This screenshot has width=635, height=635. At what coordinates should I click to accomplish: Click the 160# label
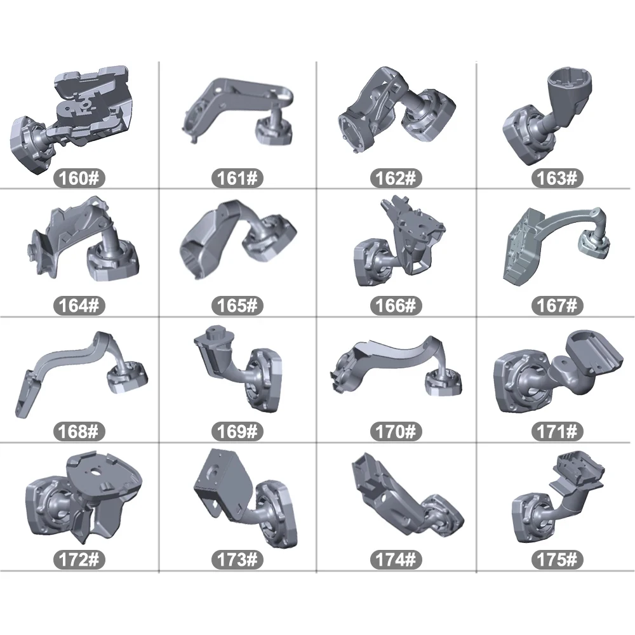(79, 178)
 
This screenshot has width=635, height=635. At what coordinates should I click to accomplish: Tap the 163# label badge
(557, 178)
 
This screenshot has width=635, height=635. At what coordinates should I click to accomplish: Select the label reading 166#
(396, 305)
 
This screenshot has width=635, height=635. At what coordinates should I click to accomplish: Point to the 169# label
(237, 431)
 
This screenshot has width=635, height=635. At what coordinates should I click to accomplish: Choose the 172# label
(79, 559)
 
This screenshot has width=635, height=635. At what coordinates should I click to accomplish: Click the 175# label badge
(557, 559)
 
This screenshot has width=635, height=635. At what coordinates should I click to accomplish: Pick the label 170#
(396, 431)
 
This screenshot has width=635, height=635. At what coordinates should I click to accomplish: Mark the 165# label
(237, 305)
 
